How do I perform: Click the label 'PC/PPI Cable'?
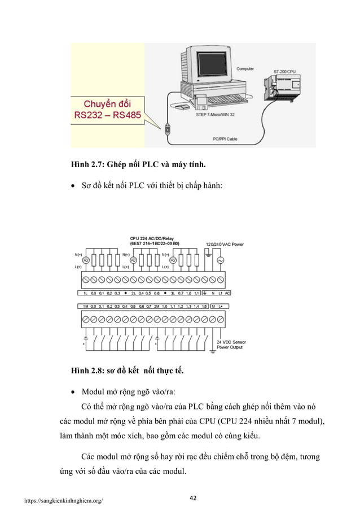[x=224, y=137]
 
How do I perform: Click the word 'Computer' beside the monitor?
[x=245, y=69]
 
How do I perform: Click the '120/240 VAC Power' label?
[x=225, y=245]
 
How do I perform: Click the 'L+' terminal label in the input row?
[x=221, y=306]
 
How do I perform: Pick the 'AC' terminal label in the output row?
[x=227, y=294]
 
